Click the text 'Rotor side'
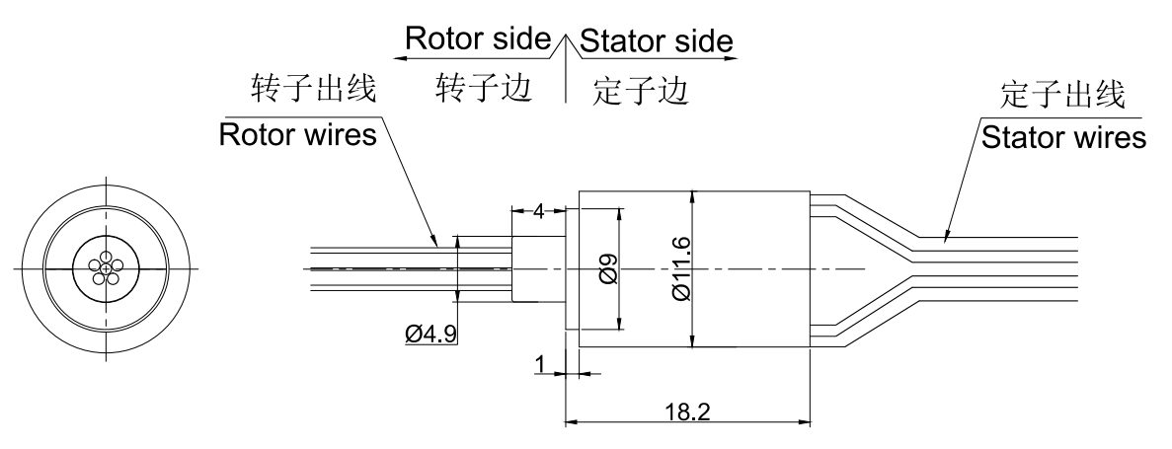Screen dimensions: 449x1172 click(477, 39)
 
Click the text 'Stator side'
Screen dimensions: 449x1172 click(657, 41)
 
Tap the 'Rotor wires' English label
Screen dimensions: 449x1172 click(297, 135)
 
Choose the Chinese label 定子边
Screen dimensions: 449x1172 click(640, 91)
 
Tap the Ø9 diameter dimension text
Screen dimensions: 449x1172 click(608, 268)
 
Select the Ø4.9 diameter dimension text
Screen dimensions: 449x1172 click(430, 336)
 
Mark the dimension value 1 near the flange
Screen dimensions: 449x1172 click(540, 365)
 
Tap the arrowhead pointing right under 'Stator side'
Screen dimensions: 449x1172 click(733, 57)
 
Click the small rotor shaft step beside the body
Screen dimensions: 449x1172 click(537, 268)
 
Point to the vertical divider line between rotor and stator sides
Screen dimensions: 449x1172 click(565, 79)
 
